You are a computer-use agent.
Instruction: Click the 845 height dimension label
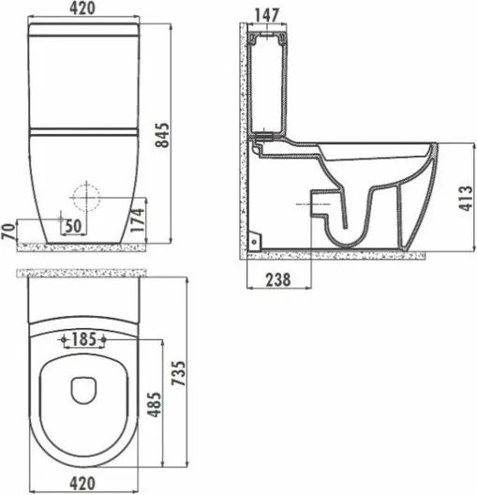click(x=163, y=135)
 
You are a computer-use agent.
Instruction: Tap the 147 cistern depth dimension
click(x=266, y=15)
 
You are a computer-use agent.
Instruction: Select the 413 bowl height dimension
click(x=466, y=198)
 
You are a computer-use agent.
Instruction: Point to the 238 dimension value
click(x=278, y=279)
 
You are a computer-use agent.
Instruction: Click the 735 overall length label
click(x=179, y=373)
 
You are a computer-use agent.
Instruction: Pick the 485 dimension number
click(x=155, y=404)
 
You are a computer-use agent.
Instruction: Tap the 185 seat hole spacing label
click(x=83, y=339)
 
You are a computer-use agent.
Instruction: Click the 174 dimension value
click(x=138, y=220)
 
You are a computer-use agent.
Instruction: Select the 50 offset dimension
click(x=73, y=226)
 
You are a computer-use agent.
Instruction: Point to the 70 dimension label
click(x=8, y=232)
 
